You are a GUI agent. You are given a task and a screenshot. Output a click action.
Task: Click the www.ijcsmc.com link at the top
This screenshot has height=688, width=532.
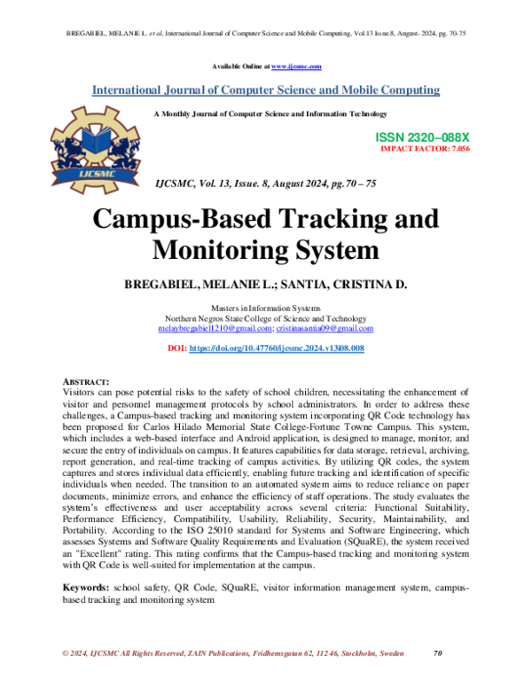click(296, 66)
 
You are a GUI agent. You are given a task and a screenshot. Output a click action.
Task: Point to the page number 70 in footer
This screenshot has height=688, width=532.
click(437, 653)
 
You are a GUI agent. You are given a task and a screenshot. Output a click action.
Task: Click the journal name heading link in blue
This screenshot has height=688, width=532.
click(265, 90)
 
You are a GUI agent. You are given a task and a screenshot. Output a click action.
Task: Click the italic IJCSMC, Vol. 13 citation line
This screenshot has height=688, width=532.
click(265, 183)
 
